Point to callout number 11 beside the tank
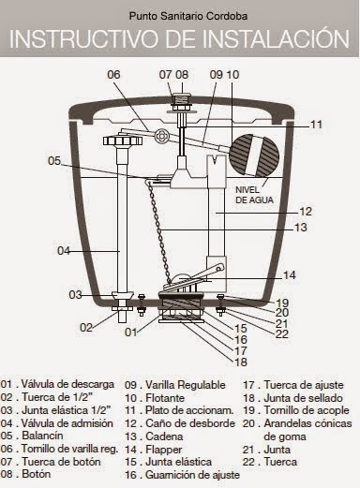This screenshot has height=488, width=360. pyautogui.click(x=316, y=125)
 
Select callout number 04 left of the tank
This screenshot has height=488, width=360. pyautogui.click(x=64, y=250)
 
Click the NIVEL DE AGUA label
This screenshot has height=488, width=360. pyautogui.click(x=254, y=195)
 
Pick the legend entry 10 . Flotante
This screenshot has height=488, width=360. pyautogui.click(x=155, y=398)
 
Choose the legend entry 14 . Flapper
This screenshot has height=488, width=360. pyautogui.click(x=153, y=450)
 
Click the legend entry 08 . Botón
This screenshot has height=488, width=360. pyautogui.click(x=25, y=474)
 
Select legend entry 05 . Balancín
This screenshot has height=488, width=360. pyautogui.click(x=32, y=436)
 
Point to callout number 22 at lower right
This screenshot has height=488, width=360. pyautogui.click(x=281, y=334)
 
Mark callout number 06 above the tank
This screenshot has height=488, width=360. pyautogui.click(x=113, y=75)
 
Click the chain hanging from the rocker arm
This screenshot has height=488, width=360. pyautogui.click(x=159, y=231)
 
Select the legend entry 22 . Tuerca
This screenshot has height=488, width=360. pyautogui.click(x=270, y=462)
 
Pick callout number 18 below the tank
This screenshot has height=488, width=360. pyautogui.click(x=241, y=362)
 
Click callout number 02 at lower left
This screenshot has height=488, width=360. pyautogui.click(x=86, y=327)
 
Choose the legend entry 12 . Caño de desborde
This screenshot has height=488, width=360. pyautogui.click(x=180, y=423)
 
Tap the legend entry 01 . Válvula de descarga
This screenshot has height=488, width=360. pyautogui.click(x=57, y=384)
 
